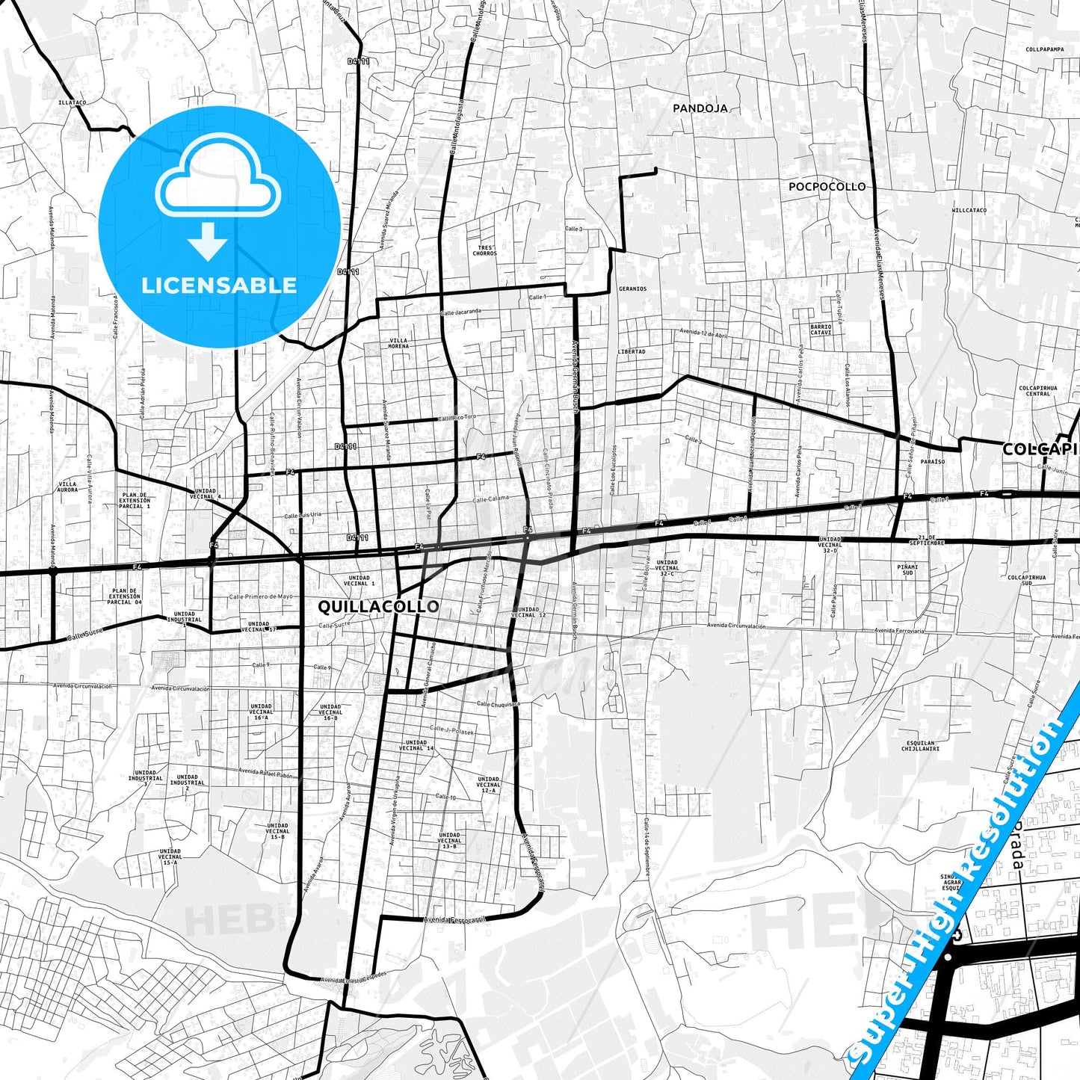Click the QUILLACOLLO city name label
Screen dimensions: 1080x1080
click(378, 606)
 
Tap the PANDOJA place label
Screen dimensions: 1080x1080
click(700, 108)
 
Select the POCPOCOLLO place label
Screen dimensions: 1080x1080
click(827, 187)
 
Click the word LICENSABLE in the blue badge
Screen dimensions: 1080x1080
click(219, 285)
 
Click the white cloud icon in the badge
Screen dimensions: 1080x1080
click(217, 182)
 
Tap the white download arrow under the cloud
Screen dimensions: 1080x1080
click(208, 241)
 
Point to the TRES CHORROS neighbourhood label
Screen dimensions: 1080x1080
click(484, 250)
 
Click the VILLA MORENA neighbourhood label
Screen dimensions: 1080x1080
click(398, 343)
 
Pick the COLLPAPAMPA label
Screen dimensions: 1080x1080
click(1044, 49)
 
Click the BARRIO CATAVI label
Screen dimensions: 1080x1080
click(821, 330)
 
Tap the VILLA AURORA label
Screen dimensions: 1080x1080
click(67, 487)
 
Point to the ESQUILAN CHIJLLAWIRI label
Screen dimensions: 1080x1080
click(920, 746)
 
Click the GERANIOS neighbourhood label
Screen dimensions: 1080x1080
click(632, 288)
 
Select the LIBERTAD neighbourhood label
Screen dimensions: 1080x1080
click(632, 351)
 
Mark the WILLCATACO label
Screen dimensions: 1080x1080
click(969, 211)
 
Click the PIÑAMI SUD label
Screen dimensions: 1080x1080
click(908, 570)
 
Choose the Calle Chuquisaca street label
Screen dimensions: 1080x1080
click(499, 704)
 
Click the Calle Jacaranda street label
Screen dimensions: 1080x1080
click(460, 312)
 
